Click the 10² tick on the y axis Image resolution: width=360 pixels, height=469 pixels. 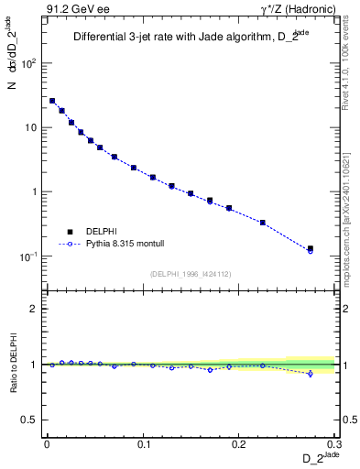click(x=27, y=64)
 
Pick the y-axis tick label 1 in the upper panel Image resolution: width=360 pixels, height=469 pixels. click(x=33, y=192)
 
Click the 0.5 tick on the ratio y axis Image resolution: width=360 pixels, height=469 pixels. click(x=29, y=420)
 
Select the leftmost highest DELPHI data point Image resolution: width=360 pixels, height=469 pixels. click(x=52, y=101)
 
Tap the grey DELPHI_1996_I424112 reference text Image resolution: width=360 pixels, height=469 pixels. click(x=191, y=274)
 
